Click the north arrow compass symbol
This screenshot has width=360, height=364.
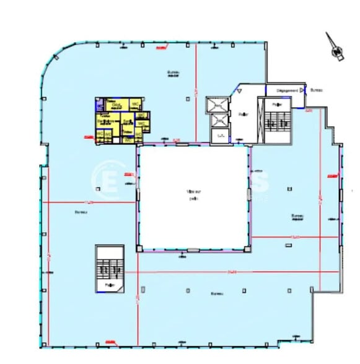pos(337,50)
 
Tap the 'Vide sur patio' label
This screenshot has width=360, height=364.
pos(193,195)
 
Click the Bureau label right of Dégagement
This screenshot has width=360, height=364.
pos(316,90)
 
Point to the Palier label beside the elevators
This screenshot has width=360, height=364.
pos(243,113)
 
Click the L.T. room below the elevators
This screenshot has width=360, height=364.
pos(219,135)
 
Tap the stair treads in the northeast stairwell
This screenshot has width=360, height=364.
pos(276,124)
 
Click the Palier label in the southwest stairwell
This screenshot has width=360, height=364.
pos(110,285)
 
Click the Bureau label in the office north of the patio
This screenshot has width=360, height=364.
pos(173,73)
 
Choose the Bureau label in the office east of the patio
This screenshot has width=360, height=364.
pos(297,216)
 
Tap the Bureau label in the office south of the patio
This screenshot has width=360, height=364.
pos(216,293)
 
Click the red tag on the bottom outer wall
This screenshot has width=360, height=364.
pos(111,341)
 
